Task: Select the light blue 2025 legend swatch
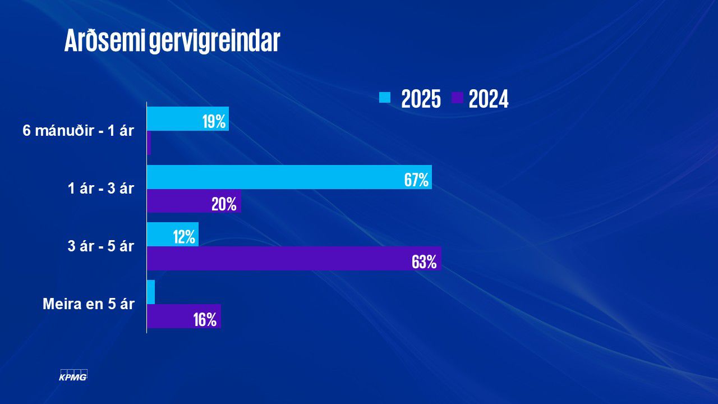click(385, 98)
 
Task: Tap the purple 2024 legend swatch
click(457, 98)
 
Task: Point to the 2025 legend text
click(421, 99)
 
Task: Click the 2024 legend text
click(489, 99)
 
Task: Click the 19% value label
click(214, 121)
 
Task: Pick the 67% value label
click(416, 180)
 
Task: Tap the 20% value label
click(224, 204)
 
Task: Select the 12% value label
click(184, 237)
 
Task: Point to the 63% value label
click(424, 261)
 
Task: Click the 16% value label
click(205, 320)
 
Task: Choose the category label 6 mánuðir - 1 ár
click(79, 131)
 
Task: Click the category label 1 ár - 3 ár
click(101, 189)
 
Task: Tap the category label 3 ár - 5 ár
click(101, 246)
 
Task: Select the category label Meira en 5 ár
click(89, 304)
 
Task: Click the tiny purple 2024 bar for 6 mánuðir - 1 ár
click(149, 143)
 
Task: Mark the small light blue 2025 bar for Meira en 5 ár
click(151, 292)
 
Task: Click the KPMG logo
click(73, 375)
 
